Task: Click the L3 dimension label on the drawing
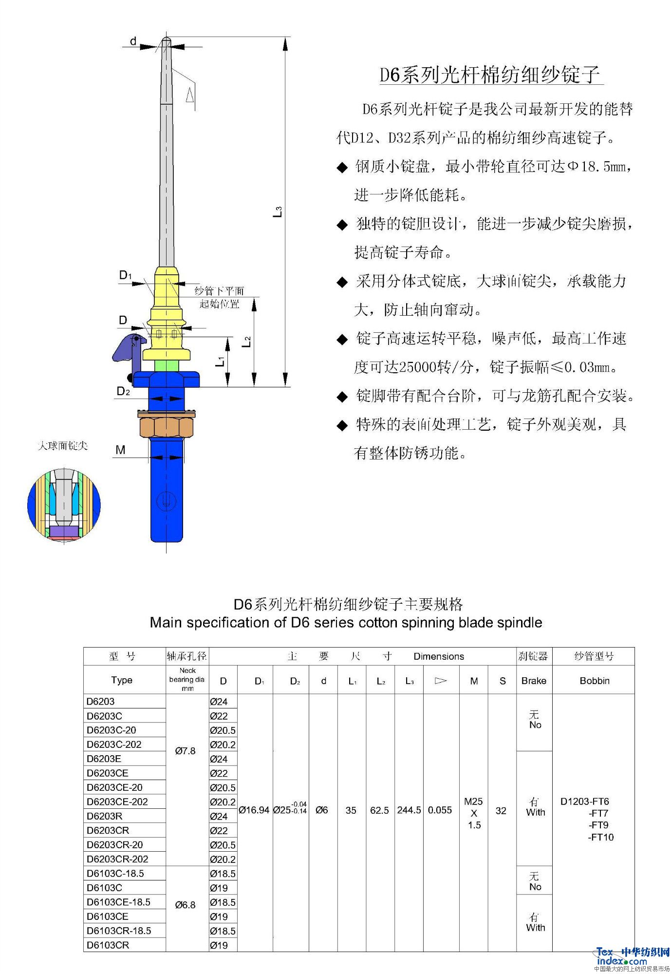click(x=277, y=212)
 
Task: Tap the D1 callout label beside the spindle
click(x=125, y=276)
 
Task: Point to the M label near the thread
click(x=120, y=450)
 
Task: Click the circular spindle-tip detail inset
click(x=64, y=504)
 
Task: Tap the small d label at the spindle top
click(x=133, y=41)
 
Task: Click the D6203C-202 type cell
click(x=114, y=745)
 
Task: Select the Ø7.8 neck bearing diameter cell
click(x=185, y=751)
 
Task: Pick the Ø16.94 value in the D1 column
click(x=254, y=810)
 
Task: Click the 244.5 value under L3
click(x=409, y=810)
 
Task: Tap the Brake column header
click(x=534, y=681)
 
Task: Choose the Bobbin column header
click(x=594, y=681)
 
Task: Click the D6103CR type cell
click(x=108, y=945)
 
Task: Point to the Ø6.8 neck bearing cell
click(x=185, y=905)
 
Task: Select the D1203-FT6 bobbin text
click(x=584, y=802)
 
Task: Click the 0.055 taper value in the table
click(x=440, y=810)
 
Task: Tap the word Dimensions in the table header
click(x=438, y=656)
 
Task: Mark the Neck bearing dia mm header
click(x=187, y=679)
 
